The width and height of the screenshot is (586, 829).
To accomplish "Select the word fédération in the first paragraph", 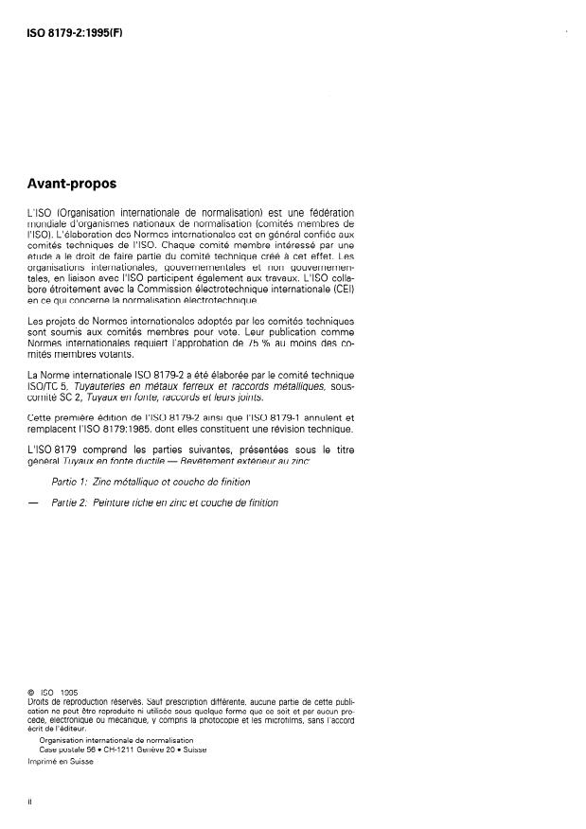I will [329, 212].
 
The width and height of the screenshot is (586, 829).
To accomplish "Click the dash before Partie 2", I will [35, 503].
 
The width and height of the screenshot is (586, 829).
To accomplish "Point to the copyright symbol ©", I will [32, 692].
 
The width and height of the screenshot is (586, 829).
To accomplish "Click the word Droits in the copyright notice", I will [42, 700].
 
